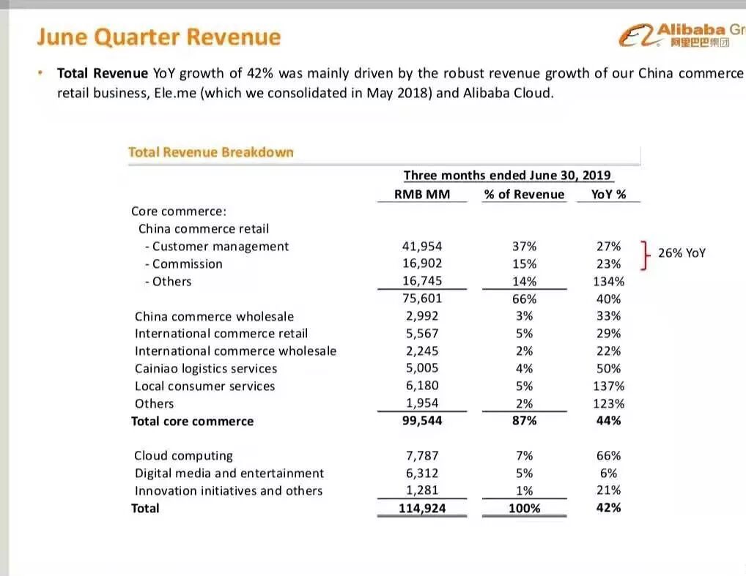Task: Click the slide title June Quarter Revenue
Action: [158, 37]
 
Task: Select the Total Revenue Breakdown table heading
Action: [210, 152]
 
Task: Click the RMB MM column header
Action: [421, 194]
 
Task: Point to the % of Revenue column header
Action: [524, 194]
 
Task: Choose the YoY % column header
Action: [607, 194]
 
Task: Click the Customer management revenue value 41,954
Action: [421, 247]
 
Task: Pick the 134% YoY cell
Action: [608, 282]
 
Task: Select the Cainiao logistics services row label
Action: [206, 369]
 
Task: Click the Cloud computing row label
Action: [183, 456]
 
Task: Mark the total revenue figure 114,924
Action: [421, 508]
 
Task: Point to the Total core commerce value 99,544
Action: [421, 421]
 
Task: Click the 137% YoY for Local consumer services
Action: [608, 386]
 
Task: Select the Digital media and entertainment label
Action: [229, 474]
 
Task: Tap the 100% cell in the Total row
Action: [524, 508]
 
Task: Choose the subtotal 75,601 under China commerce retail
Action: [421, 299]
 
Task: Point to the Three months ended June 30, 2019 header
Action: [509, 176]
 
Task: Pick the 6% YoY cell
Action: [608, 474]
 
